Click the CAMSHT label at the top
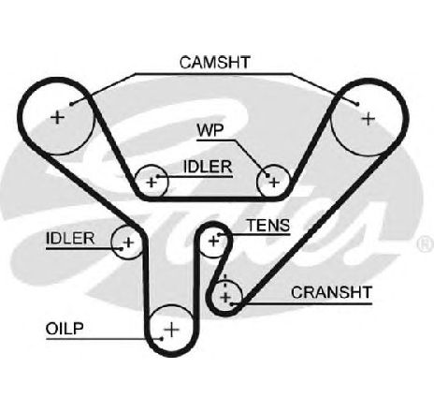[x=215, y=62]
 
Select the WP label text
[x=210, y=130]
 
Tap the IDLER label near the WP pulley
[x=208, y=167]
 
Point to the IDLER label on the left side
[x=70, y=239]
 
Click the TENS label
[x=268, y=225]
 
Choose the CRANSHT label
[x=331, y=292]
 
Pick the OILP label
[x=65, y=329]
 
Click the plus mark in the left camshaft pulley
[x=57, y=118]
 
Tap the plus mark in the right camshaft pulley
[x=369, y=119]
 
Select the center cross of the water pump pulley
[x=274, y=183]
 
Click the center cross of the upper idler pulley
[x=152, y=183]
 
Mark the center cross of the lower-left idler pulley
[x=128, y=243]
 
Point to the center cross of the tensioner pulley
[x=213, y=241]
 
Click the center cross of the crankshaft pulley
[x=225, y=297]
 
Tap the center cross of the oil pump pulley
[x=171, y=330]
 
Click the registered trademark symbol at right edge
[x=426, y=243]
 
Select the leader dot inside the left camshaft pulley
[x=71, y=104]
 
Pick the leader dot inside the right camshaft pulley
[x=357, y=104]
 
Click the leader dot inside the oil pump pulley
[x=162, y=339]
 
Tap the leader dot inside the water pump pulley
[x=268, y=176]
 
